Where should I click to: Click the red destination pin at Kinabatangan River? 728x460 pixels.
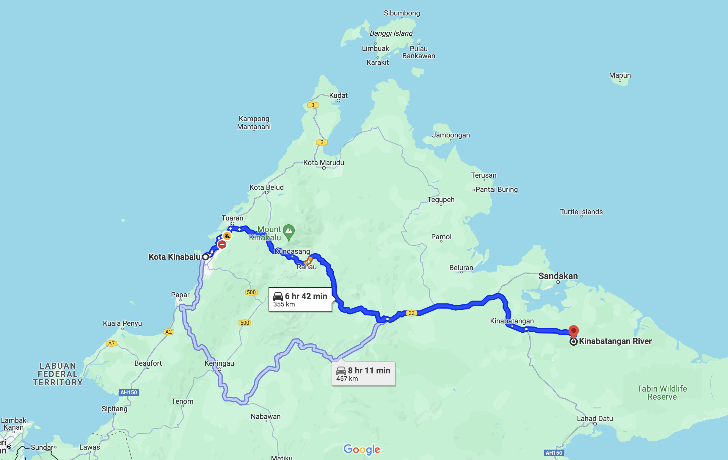[x=574, y=331]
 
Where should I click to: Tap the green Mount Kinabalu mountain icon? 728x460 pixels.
[x=289, y=231]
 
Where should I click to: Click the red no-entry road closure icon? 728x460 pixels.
[x=222, y=244]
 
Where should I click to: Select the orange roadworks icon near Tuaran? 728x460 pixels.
[x=227, y=236]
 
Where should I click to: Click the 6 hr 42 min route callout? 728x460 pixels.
[x=300, y=299]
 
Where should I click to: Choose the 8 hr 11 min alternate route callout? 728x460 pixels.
[x=363, y=374]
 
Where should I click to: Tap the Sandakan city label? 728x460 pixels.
[x=558, y=276]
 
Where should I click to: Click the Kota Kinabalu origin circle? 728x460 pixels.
[x=205, y=257]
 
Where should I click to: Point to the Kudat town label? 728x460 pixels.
[x=338, y=96]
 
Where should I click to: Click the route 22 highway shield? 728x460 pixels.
[x=412, y=313]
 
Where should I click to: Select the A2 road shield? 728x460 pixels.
[x=168, y=332]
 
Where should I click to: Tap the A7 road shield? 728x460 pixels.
[x=111, y=343]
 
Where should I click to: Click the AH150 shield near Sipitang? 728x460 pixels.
[x=129, y=392]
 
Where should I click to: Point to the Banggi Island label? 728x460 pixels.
[x=391, y=33]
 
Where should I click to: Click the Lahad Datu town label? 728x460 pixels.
[x=595, y=419]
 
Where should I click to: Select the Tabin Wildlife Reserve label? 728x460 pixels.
[x=662, y=392]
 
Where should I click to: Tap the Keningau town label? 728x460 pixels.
[x=219, y=363]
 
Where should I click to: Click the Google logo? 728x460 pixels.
[x=362, y=449]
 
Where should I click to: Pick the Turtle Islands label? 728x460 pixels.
[x=581, y=212]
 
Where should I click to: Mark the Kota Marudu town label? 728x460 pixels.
[x=324, y=163]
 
